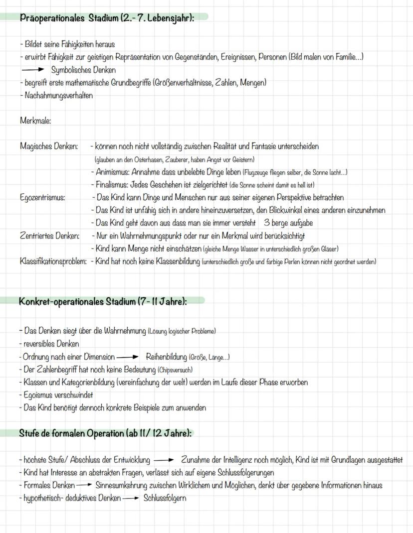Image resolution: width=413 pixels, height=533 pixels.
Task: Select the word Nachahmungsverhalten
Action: pos(58,95)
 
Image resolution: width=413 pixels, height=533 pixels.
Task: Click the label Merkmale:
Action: pos(35,121)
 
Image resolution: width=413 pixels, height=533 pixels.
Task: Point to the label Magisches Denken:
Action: pos(49,146)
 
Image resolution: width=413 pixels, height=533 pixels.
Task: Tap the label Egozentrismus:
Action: pos(42,198)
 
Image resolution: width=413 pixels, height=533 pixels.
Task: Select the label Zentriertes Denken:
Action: pos(50,236)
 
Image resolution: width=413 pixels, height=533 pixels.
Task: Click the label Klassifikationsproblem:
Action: pos(53,261)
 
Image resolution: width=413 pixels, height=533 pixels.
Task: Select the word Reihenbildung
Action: pos(167,357)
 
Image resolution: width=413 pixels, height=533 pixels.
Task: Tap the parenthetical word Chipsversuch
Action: pos(175,370)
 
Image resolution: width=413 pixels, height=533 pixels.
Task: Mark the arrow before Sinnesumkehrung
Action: pos(85,485)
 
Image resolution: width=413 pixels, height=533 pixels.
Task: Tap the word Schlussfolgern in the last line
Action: pos(165,498)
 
